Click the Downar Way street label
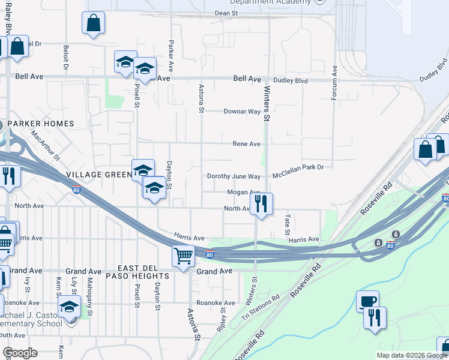pyautogui.click(x=242, y=112)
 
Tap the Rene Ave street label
pyautogui.click(x=246, y=144)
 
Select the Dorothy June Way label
pyautogui.click(x=234, y=176)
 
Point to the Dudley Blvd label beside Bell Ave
pyautogui.click(x=290, y=80)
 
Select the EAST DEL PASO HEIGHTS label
pyautogui.click(x=137, y=271)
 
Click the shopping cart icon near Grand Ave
pyautogui.click(x=183, y=256)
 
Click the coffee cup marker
pyautogui.click(x=367, y=300)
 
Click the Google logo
pyautogui.click(x=20, y=353)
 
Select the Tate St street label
pyautogui.click(x=288, y=224)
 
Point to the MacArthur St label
pyautogui.click(x=46, y=146)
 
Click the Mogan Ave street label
pyautogui.click(x=243, y=193)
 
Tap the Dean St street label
pyautogui.click(x=226, y=13)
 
